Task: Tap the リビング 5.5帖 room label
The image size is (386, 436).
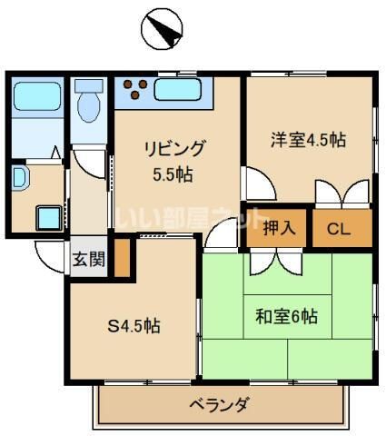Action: (173, 159)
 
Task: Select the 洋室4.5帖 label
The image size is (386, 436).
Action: (309, 141)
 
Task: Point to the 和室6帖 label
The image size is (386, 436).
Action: (285, 317)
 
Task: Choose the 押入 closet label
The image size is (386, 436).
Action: (279, 227)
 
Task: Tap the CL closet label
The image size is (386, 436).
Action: (340, 227)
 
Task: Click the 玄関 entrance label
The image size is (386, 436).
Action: (88, 258)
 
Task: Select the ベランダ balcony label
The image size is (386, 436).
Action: (219, 404)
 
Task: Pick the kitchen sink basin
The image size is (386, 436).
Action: (181, 90)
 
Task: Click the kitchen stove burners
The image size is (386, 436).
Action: (135, 90)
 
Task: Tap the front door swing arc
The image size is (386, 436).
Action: (48, 253)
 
